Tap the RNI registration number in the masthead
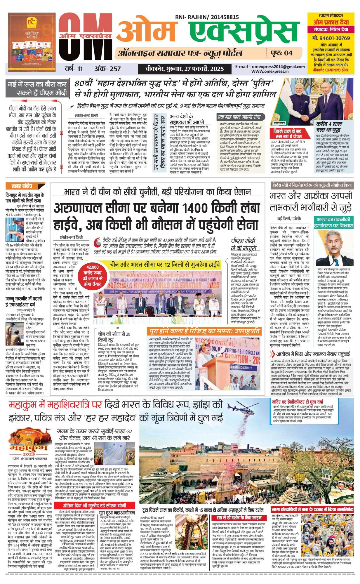pyautogui.click(x=207, y=18)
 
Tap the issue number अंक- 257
pyautogui.click(x=107, y=69)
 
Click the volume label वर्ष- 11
pyautogui.click(x=74, y=69)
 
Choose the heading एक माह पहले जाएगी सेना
pyautogui.click(x=239, y=117)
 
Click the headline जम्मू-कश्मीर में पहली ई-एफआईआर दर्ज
pyautogui.click(x=24, y=301)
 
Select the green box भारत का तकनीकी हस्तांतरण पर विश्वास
pyautogui.click(x=333, y=223)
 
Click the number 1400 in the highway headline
pyautogui.click(x=195, y=208)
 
